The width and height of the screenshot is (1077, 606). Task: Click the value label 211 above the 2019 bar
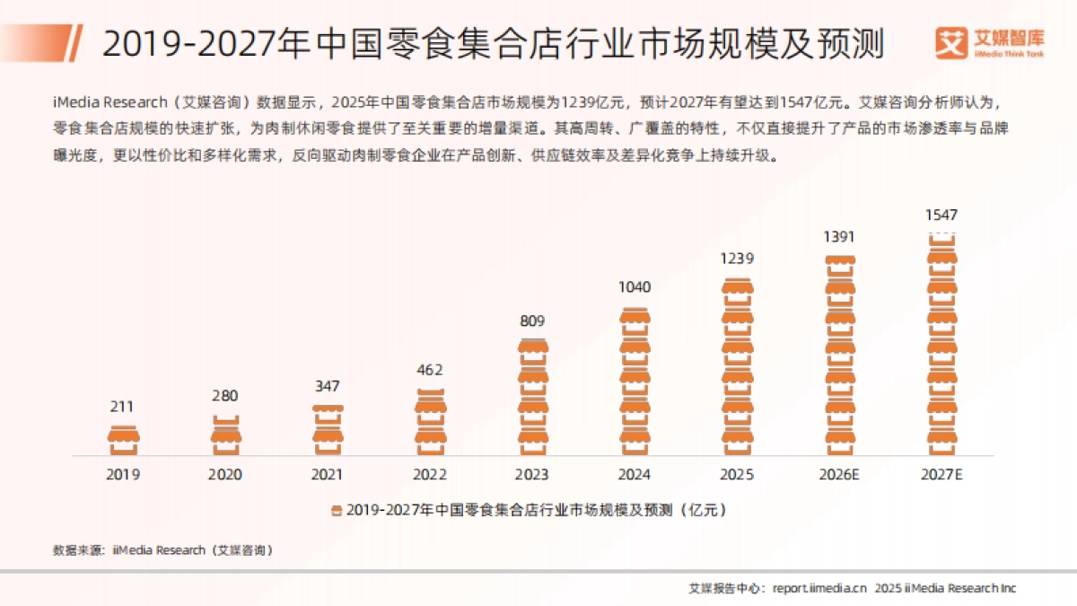click(122, 407)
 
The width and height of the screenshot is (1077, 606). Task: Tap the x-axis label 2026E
click(839, 475)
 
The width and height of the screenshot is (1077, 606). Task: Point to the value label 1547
click(941, 215)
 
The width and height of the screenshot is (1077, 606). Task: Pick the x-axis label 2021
click(328, 475)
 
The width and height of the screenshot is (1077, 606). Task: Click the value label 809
click(532, 321)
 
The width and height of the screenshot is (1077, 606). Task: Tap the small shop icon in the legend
click(336, 510)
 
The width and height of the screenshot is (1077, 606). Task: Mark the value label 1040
click(635, 287)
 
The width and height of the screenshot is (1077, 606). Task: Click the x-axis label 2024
click(635, 475)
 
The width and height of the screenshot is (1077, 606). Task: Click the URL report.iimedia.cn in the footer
click(819, 588)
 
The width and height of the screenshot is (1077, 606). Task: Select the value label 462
click(430, 370)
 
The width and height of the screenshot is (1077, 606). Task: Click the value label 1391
click(839, 237)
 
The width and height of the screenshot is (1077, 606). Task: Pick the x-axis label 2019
click(123, 475)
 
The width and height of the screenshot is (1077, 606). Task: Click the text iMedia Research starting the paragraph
click(109, 100)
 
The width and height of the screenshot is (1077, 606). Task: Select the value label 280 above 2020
click(225, 396)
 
